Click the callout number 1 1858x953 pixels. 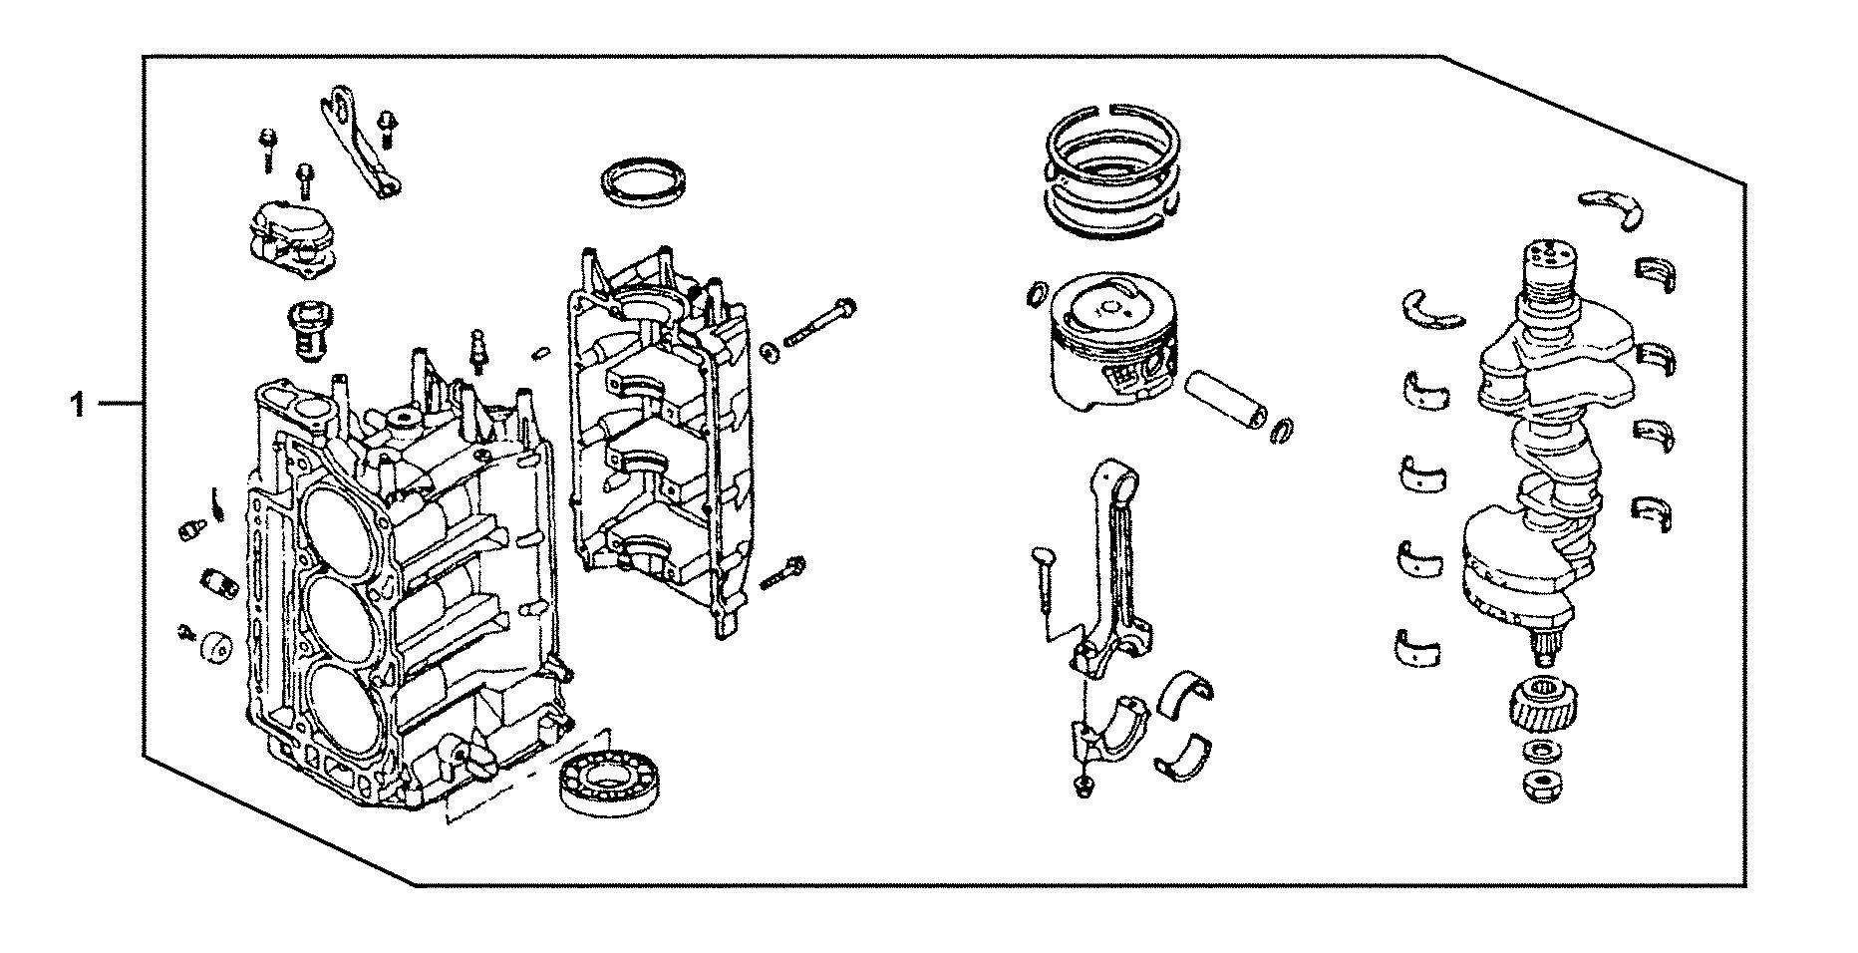pyautogui.click(x=77, y=406)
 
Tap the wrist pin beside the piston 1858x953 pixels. pyautogui.click(x=1226, y=399)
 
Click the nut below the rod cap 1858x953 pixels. pyautogui.click(x=1083, y=788)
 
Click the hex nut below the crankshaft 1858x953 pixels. pyautogui.click(x=1542, y=786)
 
